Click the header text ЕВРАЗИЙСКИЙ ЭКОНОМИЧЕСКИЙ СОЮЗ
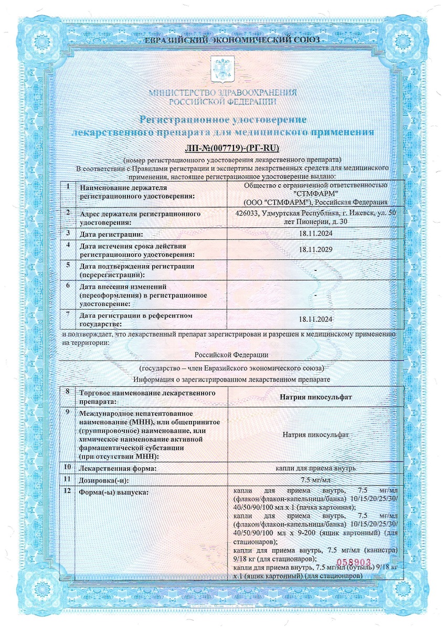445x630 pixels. (222, 40)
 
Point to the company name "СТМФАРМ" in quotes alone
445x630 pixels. (315, 193)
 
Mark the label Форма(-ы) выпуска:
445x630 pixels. (114, 492)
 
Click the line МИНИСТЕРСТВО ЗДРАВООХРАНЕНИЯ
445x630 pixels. (222, 93)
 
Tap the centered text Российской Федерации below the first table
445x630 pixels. (235, 355)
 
